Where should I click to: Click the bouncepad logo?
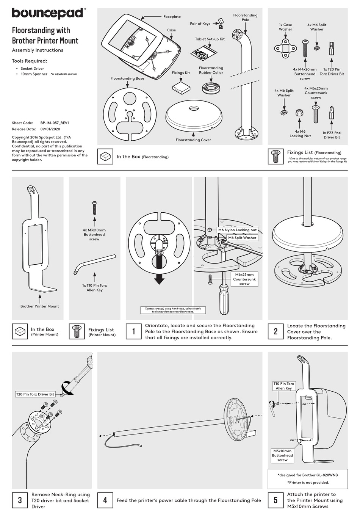click(x=48, y=13)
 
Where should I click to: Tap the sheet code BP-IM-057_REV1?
click(x=55, y=123)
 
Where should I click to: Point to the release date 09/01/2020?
click(x=50, y=129)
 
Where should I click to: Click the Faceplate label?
click(x=172, y=17)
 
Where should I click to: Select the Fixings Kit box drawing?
click(x=181, y=88)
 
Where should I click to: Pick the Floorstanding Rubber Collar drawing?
click(x=211, y=87)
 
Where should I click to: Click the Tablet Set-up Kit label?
click(x=210, y=39)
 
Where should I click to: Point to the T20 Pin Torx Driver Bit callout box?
click(x=35, y=394)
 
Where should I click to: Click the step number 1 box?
click(x=133, y=331)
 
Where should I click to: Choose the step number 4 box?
click(x=105, y=500)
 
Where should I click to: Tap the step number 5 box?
click(x=275, y=500)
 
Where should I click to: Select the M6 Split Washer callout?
click(x=242, y=238)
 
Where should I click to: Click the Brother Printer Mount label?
click(x=40, y=306)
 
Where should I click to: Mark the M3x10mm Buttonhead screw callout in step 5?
click(x=282, y=455)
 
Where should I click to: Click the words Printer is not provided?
click(x=308, y=482)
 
